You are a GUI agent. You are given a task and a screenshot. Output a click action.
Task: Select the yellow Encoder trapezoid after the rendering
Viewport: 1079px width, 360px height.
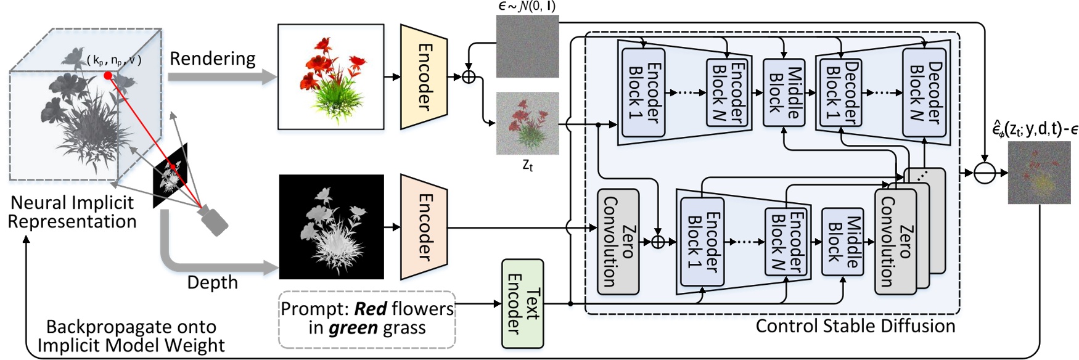coord(424,77)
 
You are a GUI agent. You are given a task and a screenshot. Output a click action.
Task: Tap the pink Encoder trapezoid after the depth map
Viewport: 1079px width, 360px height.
coord(424,227)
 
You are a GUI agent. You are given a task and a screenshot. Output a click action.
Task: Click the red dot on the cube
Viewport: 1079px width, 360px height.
coord(108,76)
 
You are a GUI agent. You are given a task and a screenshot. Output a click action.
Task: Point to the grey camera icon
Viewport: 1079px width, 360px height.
coord(213,221)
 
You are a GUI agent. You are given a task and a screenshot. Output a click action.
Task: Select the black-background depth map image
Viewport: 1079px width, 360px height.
coord(332,227)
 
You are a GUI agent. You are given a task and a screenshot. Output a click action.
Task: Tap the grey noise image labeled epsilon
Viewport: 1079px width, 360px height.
coord(527,46)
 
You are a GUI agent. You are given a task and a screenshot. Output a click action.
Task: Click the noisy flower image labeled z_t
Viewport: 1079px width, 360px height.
coord(527,123)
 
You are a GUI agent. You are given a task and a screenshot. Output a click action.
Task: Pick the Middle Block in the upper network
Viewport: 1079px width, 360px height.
coord(784,92)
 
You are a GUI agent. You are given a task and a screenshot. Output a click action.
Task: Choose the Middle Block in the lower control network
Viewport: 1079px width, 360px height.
coord(843,242)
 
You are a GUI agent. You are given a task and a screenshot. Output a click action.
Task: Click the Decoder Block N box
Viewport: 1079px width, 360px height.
coord(924,92)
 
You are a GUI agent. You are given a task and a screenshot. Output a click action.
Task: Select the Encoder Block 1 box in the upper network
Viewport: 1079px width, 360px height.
coord(643,92)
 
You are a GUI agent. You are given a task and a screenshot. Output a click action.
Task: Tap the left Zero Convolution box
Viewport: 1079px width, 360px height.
coord(618,242)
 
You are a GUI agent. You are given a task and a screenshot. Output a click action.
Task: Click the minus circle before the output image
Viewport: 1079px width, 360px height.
coord(985,174)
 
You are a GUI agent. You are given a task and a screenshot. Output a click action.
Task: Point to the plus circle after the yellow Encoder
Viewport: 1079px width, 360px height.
coord(469,77)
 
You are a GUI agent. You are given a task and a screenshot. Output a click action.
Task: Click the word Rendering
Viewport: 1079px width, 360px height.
coord(212,59)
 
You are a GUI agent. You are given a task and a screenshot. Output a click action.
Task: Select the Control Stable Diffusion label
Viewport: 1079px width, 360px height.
coord(855,326)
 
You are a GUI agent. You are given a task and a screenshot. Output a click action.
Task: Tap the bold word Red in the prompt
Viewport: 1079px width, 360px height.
coord(371,309)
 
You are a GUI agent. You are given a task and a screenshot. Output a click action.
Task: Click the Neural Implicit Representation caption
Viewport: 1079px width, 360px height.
coord(72,212)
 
